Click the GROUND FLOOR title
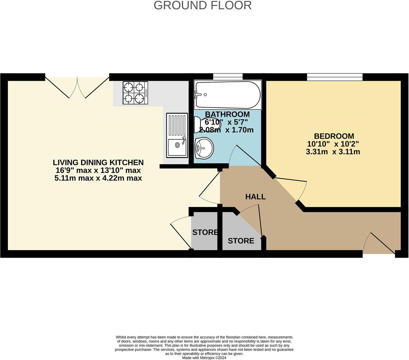[202, 5]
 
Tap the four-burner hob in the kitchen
[135, 93]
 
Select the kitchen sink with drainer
[177, 135]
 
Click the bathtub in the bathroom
[228, 95]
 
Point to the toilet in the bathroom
[204, 124]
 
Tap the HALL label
[255, 197]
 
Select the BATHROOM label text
[227, 114]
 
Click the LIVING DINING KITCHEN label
[98, 163]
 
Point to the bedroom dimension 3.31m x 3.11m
[333, 152]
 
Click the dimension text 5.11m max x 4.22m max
[98, 178]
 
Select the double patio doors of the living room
[77, 87]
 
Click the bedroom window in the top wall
[334, 77]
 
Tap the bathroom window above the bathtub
[228, 76]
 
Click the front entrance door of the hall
[379, 244]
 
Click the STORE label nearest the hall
[241, 241]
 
